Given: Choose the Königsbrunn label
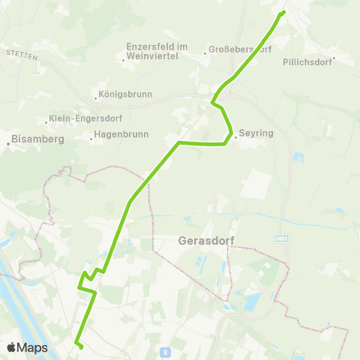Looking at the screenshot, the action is pos(125,95).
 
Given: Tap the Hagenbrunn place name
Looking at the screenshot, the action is pos(122,135).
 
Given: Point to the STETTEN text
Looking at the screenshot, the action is pos(16,55).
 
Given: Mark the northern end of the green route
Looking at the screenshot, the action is pos(283,12).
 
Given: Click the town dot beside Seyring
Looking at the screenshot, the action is pos(235,136).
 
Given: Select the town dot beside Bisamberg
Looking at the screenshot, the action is pos(8,139).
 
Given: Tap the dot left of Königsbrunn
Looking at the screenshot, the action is pos(94,96).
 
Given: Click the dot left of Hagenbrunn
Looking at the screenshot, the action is pos(90,136).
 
